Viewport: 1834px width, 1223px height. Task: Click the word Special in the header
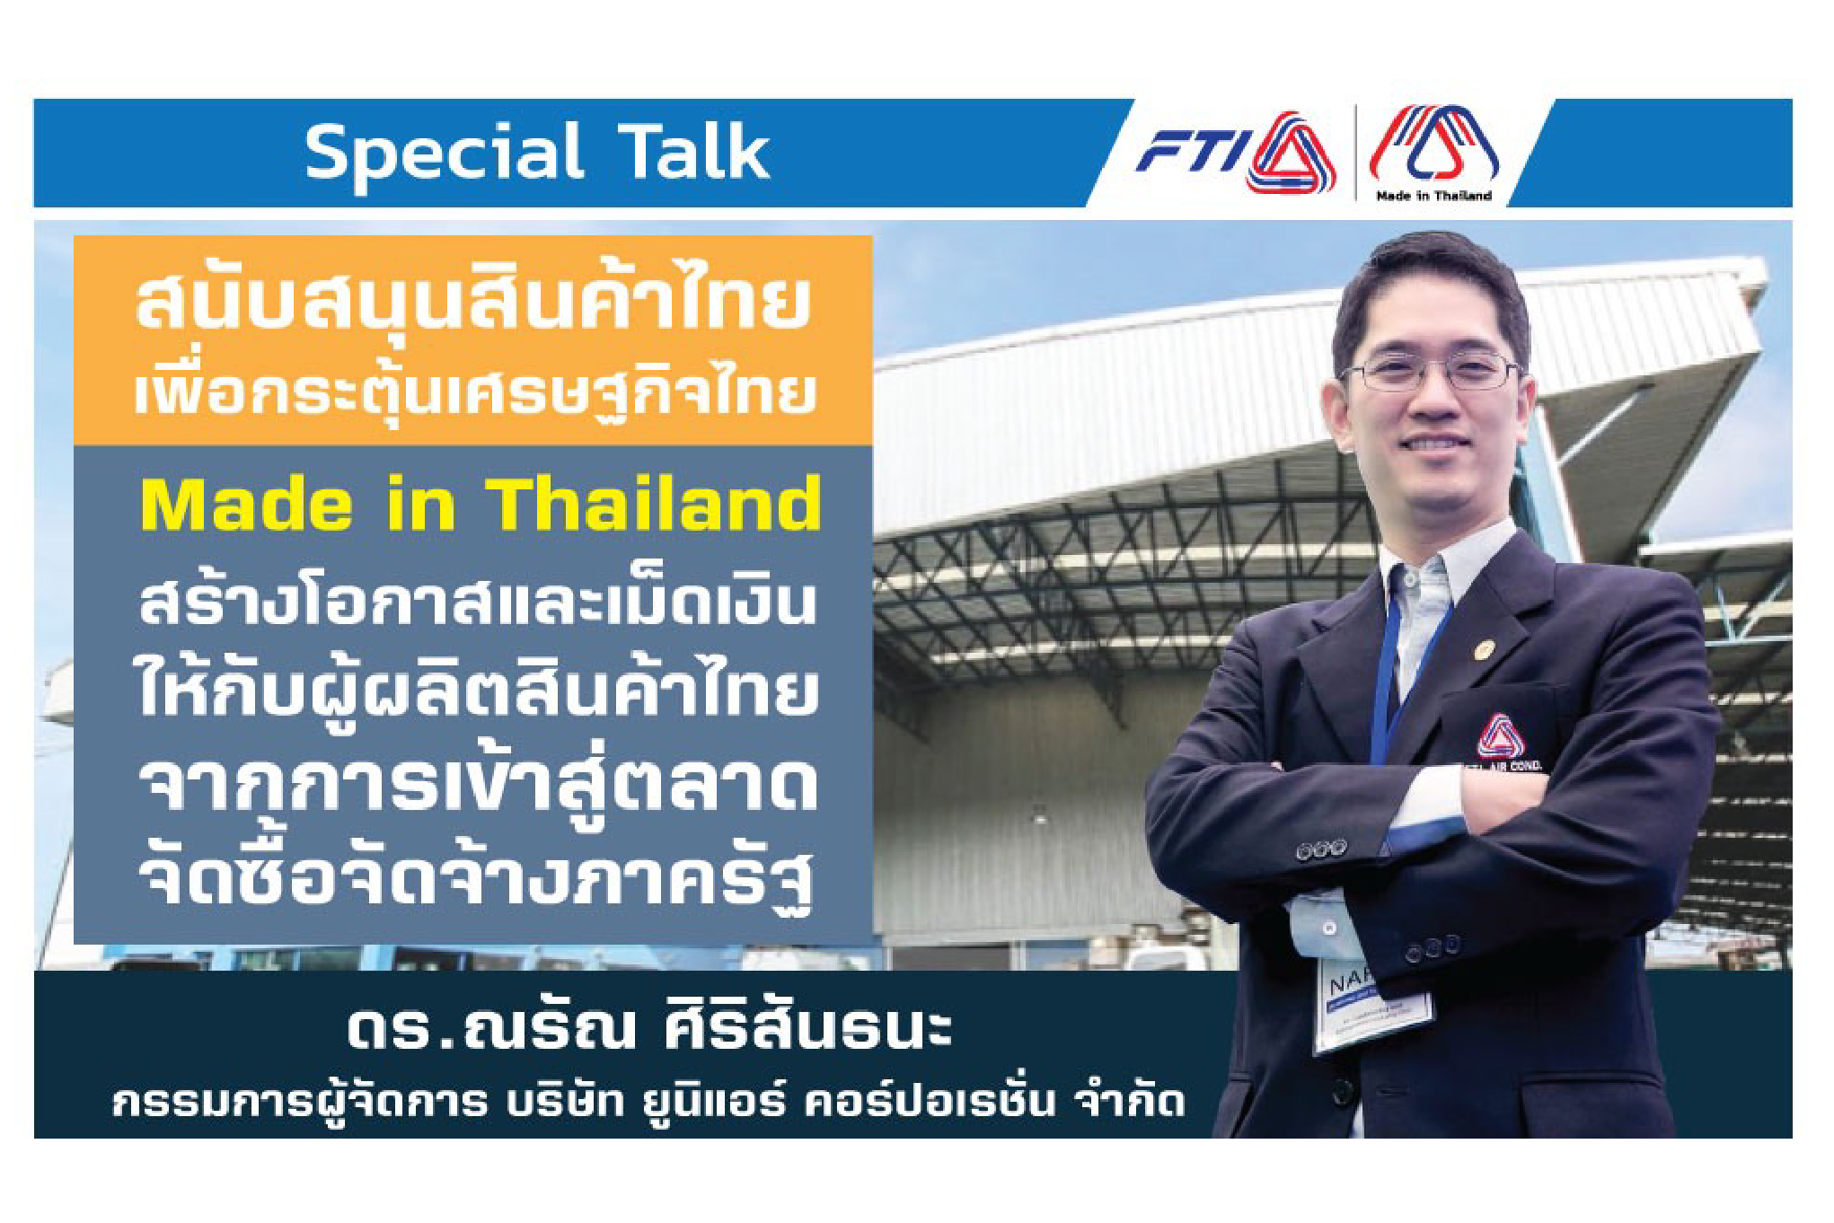click(x=445, y=154)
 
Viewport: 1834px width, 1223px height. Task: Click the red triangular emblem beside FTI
click(x=1291, y=153)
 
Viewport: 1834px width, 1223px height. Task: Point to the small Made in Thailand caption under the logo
click(x=1433, y=195)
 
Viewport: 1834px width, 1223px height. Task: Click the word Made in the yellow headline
click(x=246, y=504)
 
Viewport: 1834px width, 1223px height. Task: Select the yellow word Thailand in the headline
click(x=654, y=504)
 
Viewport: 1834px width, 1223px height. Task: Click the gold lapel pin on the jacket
click(x=1486, y=647)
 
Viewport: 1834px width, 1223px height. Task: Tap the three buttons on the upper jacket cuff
click(x=1321, y=848)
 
